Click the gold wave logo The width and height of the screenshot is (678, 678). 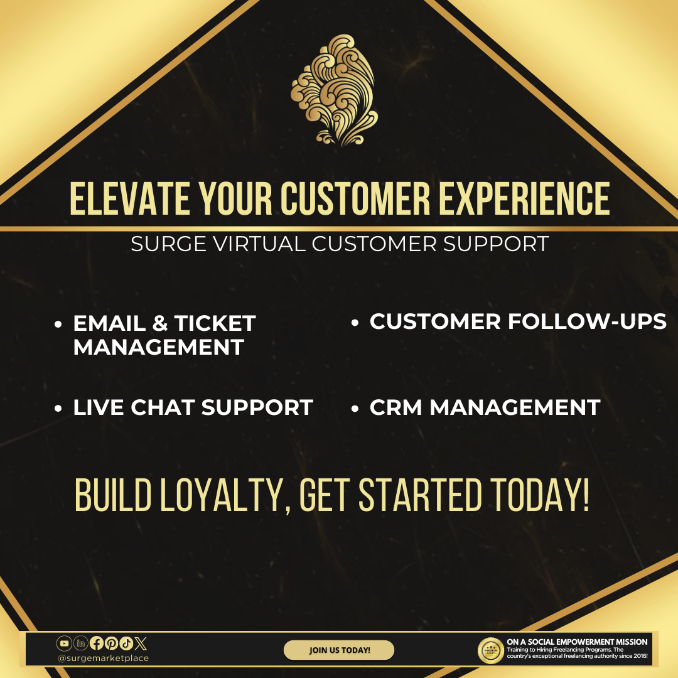click(x=334, y=90)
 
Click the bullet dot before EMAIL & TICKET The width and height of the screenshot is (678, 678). click(x=58, y=324)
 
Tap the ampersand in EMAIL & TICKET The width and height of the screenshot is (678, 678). click(x=160, y=323)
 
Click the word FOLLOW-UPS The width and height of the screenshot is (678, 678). click(x=587, y=321)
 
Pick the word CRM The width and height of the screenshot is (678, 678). click(x=395, y=407)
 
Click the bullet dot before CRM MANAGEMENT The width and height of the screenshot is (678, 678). click(x=355, y=408)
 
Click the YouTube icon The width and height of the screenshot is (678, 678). click(x=64, y=643)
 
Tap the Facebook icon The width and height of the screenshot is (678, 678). click(x=97, y=643)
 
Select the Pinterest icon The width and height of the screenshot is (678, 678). click(x=111, y=643)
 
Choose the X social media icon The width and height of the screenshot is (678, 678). click(x=141, y=643)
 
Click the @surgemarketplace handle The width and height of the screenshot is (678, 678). click(x=103, y=658)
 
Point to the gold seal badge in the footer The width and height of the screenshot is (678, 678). click(x=490, y=650)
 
